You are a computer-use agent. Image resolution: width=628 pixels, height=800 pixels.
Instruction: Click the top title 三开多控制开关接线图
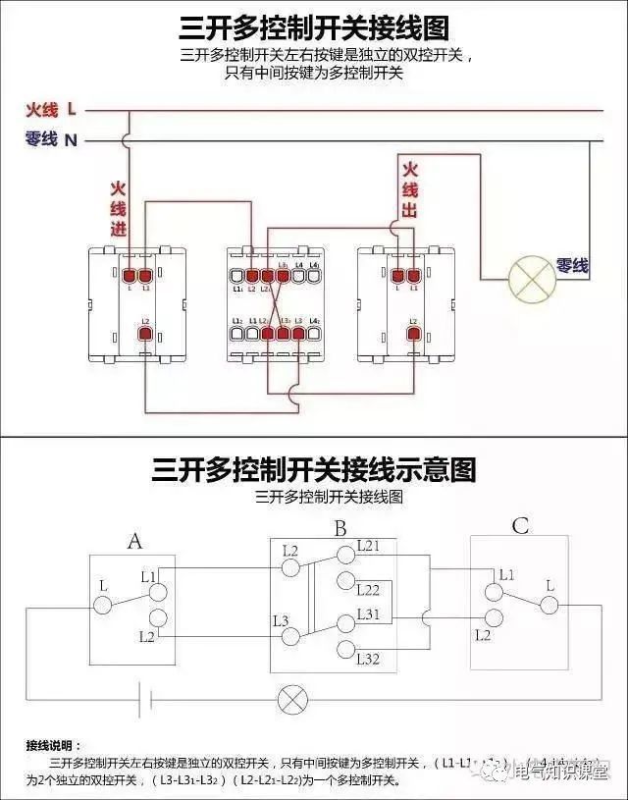coord(314,26)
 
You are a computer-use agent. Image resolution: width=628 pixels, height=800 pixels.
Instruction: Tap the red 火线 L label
coord(50,110)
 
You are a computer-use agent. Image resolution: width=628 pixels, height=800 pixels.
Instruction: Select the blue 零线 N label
coord(51,139)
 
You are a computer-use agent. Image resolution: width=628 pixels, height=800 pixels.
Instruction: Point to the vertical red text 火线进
coord(118,208)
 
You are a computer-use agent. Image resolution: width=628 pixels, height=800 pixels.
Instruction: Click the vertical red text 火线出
coord(410,188)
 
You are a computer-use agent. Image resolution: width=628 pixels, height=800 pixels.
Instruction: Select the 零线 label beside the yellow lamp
coord(572,265)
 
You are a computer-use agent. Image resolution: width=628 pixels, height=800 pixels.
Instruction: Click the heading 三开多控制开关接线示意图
coord(314,469)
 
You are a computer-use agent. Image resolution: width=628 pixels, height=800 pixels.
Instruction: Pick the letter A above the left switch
coord(135,541)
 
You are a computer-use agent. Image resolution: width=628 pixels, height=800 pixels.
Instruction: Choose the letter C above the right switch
coord(520,527)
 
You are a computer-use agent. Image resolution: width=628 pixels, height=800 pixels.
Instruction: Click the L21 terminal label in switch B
coord(368,545)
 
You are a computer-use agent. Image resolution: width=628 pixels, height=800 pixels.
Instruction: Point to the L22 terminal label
coord(368,590)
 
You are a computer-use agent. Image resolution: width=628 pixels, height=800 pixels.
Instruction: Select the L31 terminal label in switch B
coord(368,613)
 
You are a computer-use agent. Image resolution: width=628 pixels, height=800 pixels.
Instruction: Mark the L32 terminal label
coord(368,658)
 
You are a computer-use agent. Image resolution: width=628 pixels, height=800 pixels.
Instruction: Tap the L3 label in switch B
coord(281,619)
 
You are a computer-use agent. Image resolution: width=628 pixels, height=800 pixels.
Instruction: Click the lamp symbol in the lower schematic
coord(292,700)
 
